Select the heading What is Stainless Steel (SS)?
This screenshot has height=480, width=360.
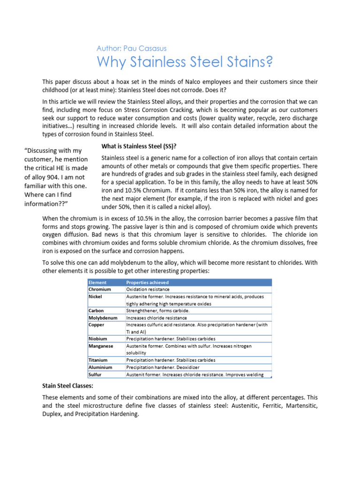139,147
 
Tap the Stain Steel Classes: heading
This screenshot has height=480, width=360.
67,386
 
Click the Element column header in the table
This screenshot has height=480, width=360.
97,282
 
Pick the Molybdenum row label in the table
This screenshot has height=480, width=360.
103,317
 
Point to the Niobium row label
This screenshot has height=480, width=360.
98,338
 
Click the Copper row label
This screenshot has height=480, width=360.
97,324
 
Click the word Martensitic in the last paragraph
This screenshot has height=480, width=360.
300,406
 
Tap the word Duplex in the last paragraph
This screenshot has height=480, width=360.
52,415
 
